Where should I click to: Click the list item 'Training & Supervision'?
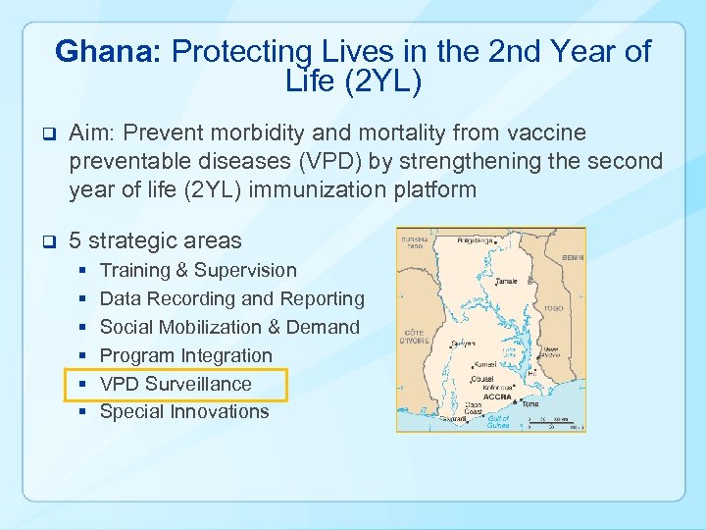198,270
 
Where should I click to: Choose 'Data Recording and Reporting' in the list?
231,298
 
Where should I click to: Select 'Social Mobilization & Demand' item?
229,327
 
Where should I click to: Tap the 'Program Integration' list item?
186,355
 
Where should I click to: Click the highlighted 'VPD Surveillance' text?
176,384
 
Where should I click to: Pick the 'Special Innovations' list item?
184,412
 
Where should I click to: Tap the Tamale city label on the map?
507,281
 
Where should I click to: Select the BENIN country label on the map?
573,257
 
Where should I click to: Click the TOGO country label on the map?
554,308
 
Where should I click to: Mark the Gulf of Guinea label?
498,421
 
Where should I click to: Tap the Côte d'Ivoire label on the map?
411,337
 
